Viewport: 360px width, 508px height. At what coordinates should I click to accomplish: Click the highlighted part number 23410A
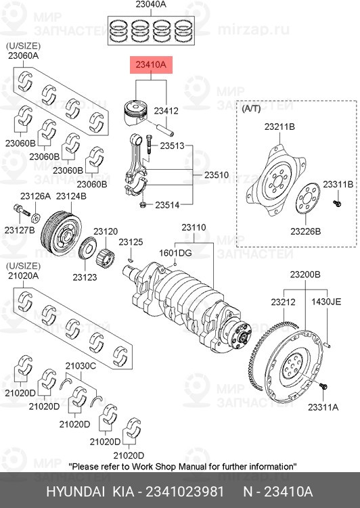[x=151, y=65]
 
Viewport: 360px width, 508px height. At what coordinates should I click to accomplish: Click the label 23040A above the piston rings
[x=151, y=4]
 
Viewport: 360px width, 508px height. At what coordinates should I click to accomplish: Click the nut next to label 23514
[x=143, y=205]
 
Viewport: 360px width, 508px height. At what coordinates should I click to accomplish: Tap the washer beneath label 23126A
[x=35, y=218]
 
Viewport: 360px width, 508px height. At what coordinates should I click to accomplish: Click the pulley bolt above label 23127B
[x=22, y=210]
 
